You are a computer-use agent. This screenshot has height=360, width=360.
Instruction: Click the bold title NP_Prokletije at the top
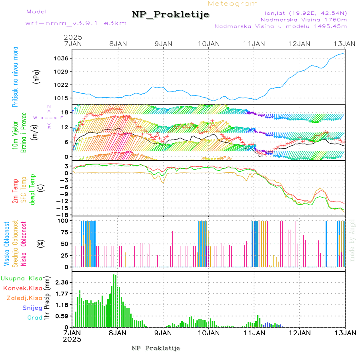(x=170, y=15)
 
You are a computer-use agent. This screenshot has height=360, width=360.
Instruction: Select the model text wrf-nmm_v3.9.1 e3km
(x=76, y=23)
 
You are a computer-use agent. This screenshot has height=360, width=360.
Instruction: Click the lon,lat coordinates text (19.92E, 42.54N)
(x=306, y=13)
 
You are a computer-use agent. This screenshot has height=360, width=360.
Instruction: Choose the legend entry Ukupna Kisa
(x=21, y=278)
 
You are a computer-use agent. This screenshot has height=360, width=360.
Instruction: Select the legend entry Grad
(x=34, y=318)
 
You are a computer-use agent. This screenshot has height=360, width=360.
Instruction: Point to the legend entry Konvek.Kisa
(x=22, y=288)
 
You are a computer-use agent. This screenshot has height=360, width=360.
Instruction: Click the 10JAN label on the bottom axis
(x=208, y=332)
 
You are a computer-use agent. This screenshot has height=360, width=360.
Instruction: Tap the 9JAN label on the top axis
(x=163, y=43)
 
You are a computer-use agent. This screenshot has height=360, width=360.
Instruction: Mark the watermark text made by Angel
(x=352, y=240)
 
